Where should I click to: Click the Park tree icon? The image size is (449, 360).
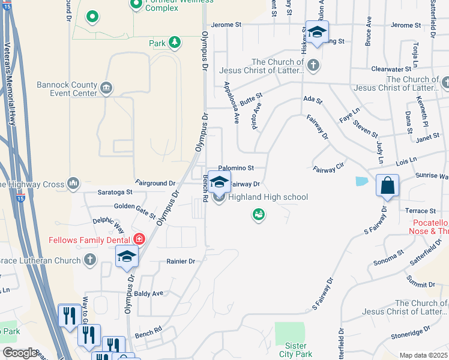(174, 42)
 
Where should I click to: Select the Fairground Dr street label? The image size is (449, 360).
(155, 182)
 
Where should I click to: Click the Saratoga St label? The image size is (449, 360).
(115, 193)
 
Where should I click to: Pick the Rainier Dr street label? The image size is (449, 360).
(181, 262)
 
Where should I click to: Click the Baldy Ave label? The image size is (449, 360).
(149, 293)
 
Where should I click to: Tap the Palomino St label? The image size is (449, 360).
(236, 168)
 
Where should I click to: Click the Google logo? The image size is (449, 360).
(19, 353)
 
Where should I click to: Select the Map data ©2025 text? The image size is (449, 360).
(423, 355)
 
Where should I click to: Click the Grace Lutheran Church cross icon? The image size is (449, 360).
(89, 260)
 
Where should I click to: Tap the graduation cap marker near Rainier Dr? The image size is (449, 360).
(127, 257)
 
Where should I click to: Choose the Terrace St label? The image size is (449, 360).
(420, 211)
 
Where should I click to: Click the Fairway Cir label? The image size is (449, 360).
(328, 170)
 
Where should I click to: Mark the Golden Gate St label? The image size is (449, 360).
(135, 210)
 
